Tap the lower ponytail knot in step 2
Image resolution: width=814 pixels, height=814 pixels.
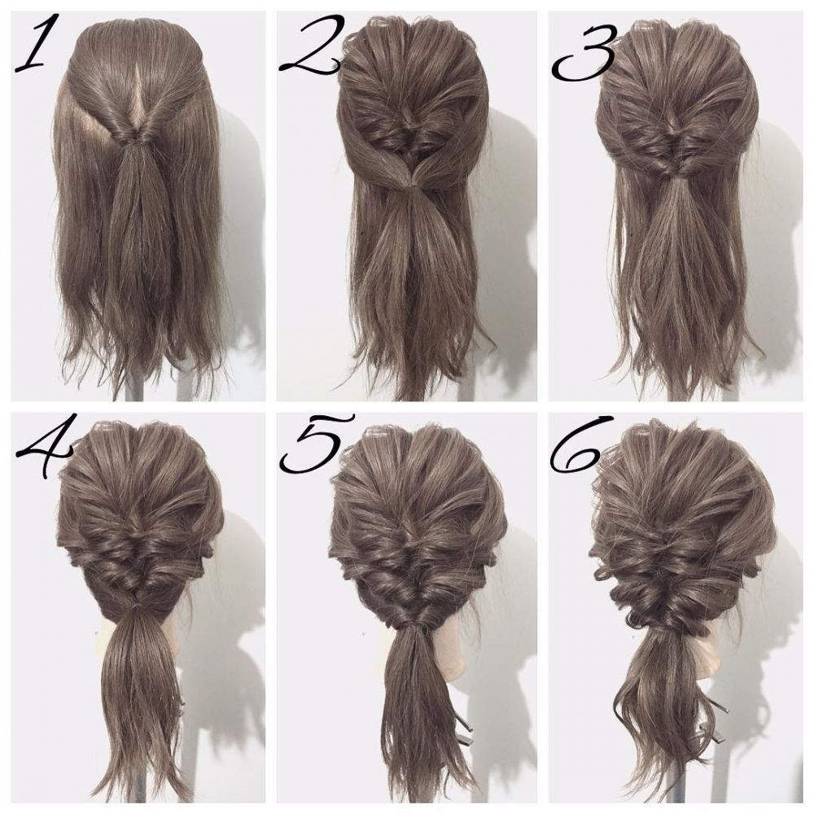point(410,185)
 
